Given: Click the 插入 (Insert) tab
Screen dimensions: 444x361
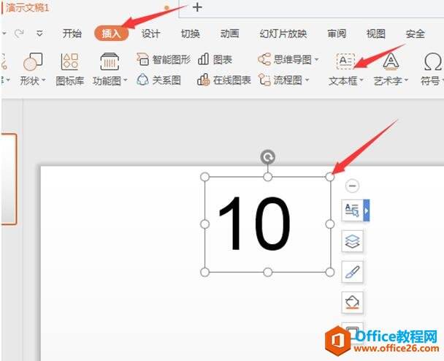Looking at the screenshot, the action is click(111, 34).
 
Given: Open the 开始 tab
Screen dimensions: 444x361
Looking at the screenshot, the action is click(72, 34).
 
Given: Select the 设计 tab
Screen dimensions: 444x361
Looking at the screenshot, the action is click(150, 34).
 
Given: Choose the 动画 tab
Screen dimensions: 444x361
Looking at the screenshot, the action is click(229, 34).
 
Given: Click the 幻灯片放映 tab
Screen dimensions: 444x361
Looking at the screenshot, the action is click(283, 34).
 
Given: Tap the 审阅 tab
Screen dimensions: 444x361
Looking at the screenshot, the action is click(337, 34).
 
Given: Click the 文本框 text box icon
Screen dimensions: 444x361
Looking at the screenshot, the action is click(345, 61).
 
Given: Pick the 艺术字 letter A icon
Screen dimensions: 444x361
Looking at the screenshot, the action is click(391, 61).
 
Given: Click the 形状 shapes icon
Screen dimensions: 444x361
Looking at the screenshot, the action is click(33, 61).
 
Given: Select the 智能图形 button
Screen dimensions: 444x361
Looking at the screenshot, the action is click(164, 59).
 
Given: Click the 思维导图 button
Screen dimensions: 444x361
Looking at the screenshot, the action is click(288, 59).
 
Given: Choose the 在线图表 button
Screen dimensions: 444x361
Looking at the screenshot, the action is click(224, 80).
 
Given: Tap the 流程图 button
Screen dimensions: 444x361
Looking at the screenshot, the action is click(284, 80).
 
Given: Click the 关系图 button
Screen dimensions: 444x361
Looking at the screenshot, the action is click(158, 80).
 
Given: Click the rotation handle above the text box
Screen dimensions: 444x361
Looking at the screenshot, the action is click(267, 157).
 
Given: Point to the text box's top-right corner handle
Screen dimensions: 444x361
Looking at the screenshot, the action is click(330, 177).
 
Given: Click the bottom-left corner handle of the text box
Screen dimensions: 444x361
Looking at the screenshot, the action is click(204, 272).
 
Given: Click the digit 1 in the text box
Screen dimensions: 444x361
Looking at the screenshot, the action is click(231, 223).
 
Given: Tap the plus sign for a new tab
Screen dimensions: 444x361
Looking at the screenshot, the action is click(197, 7).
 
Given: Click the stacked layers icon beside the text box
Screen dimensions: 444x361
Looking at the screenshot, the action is click(352, 241).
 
